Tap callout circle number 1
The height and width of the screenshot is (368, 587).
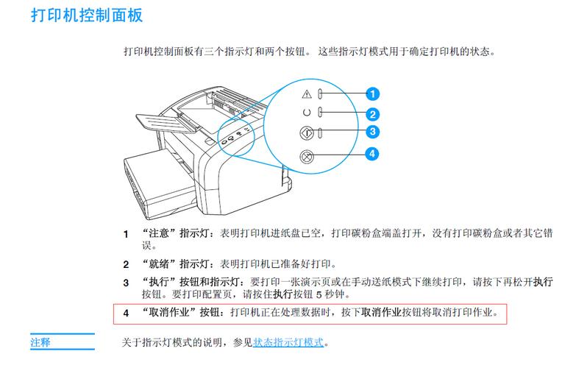[373, 93]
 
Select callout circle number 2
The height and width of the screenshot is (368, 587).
[373, 114]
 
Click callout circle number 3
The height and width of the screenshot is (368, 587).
[373, 132]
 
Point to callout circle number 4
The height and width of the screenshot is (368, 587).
[373, 154]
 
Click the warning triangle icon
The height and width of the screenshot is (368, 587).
[307, 94]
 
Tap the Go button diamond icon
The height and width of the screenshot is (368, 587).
[307, 133]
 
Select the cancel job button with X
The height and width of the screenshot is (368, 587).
[307, 155]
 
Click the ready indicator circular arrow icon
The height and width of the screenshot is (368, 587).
[307, 113]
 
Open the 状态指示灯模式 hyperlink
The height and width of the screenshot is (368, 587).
[289, 343]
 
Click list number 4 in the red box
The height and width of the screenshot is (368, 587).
[126, 313]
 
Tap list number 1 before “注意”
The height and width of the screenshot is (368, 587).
[126, 233]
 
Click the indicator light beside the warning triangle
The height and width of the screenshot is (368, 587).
[321, 94]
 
